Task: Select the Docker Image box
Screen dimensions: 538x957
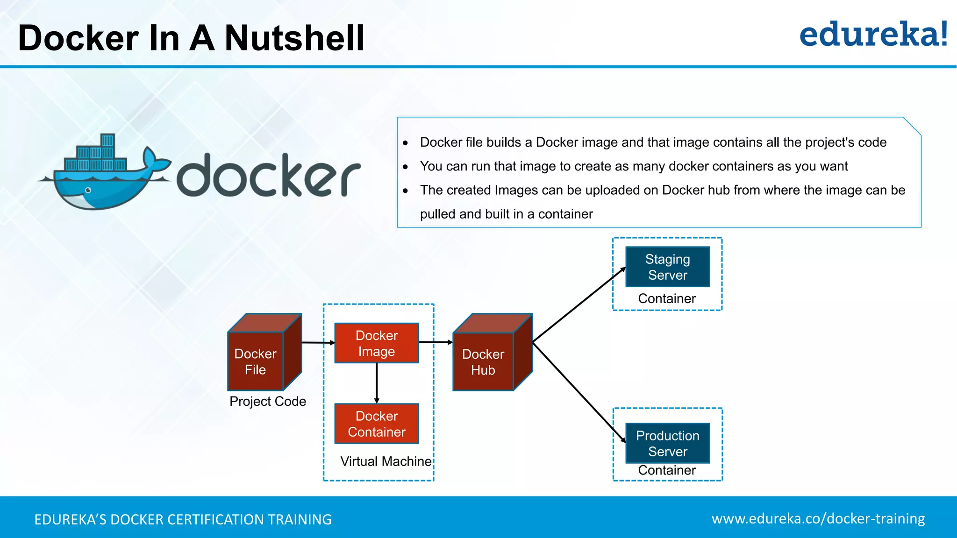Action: (377, 343)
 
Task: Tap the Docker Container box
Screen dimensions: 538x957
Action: (377, 424)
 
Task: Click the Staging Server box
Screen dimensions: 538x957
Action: (667, 267)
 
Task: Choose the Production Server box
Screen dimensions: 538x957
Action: (667, 443)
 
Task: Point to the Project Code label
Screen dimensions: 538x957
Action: (268, 401)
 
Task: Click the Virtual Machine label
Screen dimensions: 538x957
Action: (386, 461)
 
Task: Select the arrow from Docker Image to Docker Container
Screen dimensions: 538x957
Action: (377, 383)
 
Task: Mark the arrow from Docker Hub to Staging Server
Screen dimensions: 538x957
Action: (579, 304)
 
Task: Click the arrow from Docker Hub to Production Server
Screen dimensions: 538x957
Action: (579, 392)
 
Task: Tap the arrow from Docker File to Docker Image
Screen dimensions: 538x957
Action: (318, 343)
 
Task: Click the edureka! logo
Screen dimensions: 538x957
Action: (873, 35)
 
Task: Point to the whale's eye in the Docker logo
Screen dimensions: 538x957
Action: (88, 190)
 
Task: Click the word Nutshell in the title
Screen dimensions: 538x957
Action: (294, 38)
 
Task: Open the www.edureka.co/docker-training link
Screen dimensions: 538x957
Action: (818, 518)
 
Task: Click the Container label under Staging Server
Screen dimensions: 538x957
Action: (667, 298)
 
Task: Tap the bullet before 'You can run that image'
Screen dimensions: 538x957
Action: (405, 167)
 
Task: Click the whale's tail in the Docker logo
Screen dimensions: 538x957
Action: (154, 161)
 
